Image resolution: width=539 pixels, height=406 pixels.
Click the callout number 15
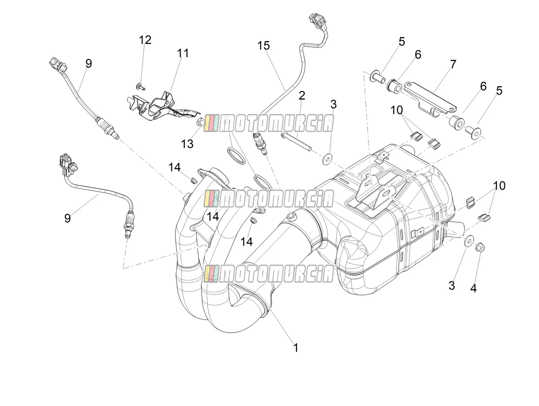coord(264,46)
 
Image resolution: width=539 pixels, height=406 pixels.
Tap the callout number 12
coord(145,40)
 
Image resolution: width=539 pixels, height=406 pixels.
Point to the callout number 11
coord(183,53)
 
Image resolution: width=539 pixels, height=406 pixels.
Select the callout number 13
coord(187,144)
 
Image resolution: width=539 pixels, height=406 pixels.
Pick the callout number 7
coord(453,64)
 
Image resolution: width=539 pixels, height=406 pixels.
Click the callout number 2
coord(302,96)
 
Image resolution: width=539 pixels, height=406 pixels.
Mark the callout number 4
coord(473,288)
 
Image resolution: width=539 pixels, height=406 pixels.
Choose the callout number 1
coord(296,348)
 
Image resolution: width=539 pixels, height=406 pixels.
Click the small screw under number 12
coord(140,86)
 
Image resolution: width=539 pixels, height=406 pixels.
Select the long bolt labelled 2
coord(296,141)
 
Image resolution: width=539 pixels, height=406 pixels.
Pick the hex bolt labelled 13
coord(200,122)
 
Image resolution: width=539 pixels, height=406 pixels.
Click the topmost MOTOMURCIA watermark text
coord(269,123)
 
